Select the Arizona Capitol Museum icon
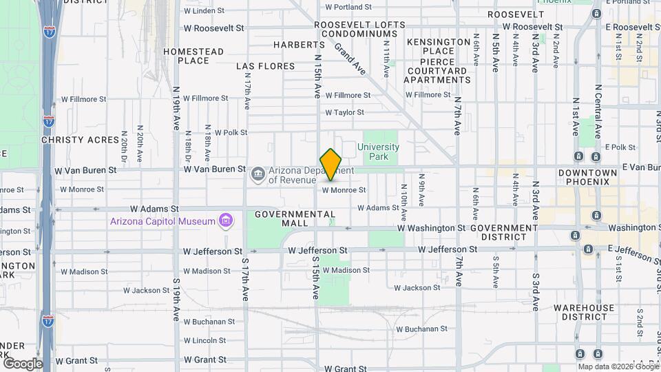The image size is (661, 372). pyautogui.click(x=224, y=220)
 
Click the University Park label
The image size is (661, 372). pyautogui.click(x=378, y=152)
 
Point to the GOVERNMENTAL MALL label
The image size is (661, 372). pyautogui.click(x=294, y=218)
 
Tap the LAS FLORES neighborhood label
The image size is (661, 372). pyautogui.click(x=265, y=66)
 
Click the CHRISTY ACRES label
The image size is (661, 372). pyautogui.click(x=80, y=139)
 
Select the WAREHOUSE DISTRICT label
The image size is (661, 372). pyautogui.click(x=583, y=312)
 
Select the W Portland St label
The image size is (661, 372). pyautogui.click(x=348, y=7)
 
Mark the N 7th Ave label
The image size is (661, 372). pyautogui.click(x=457, y=114)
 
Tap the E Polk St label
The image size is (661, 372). pyautogui.click(x=620, y=147)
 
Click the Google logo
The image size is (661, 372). pyautogui.click(x=23, y=363)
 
